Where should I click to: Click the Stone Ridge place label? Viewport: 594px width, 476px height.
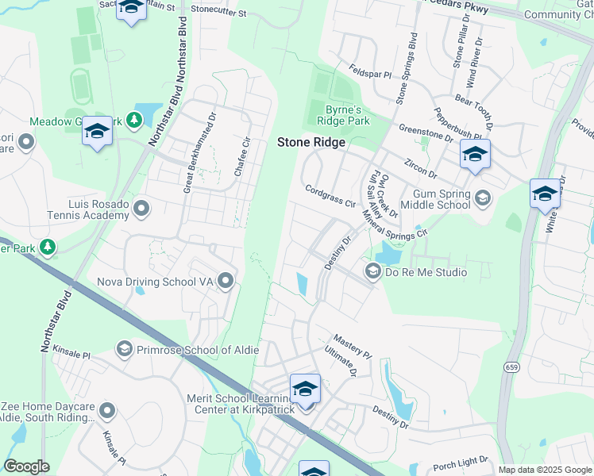(310, 142)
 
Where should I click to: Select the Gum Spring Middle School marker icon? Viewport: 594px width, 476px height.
(483, 198)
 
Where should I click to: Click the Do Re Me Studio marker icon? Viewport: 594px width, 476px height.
(372, 272)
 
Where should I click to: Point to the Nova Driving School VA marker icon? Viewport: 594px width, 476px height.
(226, 281)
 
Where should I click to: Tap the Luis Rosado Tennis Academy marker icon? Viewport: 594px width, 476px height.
(142, 209)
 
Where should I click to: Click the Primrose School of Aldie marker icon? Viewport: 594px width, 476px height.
(124, 349)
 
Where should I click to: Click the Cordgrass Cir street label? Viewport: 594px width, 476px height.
(330, 195)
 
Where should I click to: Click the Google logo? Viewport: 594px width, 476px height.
(27, 466)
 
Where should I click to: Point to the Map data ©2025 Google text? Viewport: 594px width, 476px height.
(545, 470)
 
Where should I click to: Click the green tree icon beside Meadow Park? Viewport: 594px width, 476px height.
(135, 121)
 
